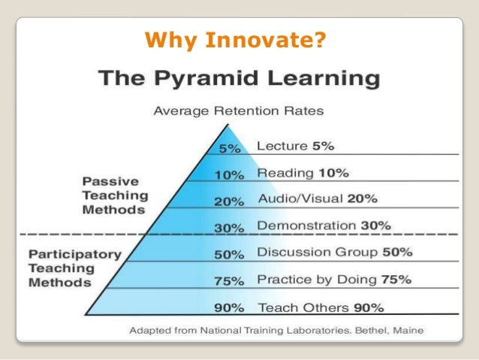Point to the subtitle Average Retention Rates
click(x=239, y=111)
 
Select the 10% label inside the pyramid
click(x=228, y=175)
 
